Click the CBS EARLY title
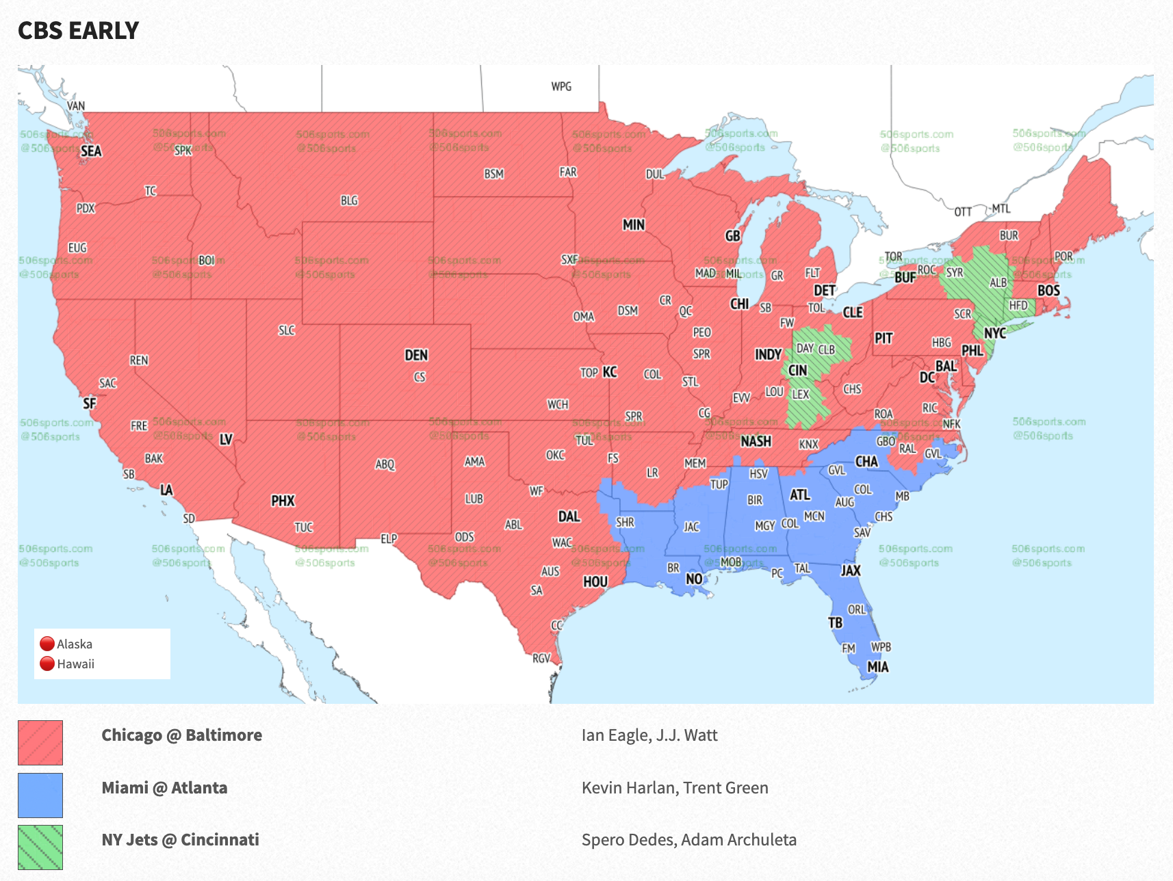click(78, 31)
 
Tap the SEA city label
click(91, 151)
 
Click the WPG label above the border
click(561, 86)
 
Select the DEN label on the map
click(416, 355)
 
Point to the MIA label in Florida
click(877, 667)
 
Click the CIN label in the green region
click(798, 371)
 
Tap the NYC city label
click(994, 333)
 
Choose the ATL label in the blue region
click(800, 495)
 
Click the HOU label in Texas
click(595, 581)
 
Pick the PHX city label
click(283, 501)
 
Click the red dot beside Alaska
click(47, 644)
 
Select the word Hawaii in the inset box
click(76, 664)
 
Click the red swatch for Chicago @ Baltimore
click(40, 742)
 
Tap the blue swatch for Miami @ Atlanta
click(40, 795)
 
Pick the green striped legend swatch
click(40, 847)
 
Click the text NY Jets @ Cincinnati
click(181, 839)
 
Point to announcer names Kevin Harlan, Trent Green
click(675, 787)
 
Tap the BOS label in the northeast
click(1048, 291)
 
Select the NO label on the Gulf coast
click(694, 579)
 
